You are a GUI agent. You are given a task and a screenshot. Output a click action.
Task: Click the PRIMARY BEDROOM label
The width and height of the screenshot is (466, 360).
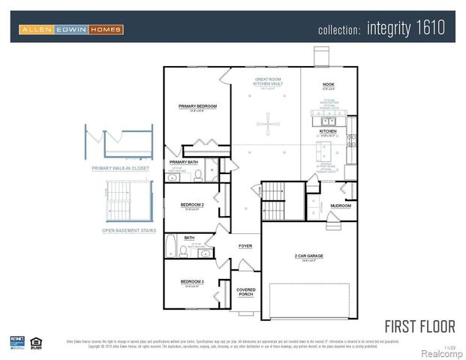coord(197,106)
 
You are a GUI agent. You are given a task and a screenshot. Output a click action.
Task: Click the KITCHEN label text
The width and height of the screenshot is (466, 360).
coord(329,131)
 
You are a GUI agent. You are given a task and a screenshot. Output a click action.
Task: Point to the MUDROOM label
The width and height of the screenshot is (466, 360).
coord(341,205)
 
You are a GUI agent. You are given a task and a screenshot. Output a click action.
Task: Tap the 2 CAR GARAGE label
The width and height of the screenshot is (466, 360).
coord(309,256)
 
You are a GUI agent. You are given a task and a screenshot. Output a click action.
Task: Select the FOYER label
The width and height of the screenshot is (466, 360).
coord(245,245)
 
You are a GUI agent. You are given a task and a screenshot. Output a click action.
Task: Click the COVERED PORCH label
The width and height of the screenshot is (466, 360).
coord(245,292)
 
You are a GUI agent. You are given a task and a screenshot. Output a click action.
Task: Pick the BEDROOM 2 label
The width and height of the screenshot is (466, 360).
coord(192,205)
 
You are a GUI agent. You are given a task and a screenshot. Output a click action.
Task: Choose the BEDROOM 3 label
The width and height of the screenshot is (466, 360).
coord(192,281)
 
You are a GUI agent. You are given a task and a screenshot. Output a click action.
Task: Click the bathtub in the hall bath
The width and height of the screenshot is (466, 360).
coord(171,248)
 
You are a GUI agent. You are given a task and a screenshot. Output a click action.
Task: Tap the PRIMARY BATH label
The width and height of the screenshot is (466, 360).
coord(183,162)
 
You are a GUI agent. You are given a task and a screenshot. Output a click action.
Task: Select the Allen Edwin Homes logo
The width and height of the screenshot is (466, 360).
coord(71,29)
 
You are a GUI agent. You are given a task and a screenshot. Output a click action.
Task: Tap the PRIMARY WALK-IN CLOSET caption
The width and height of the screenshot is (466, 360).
coord(120,169)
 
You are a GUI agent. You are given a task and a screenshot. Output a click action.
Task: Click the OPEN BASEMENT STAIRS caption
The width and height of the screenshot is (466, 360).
coord(128,230)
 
